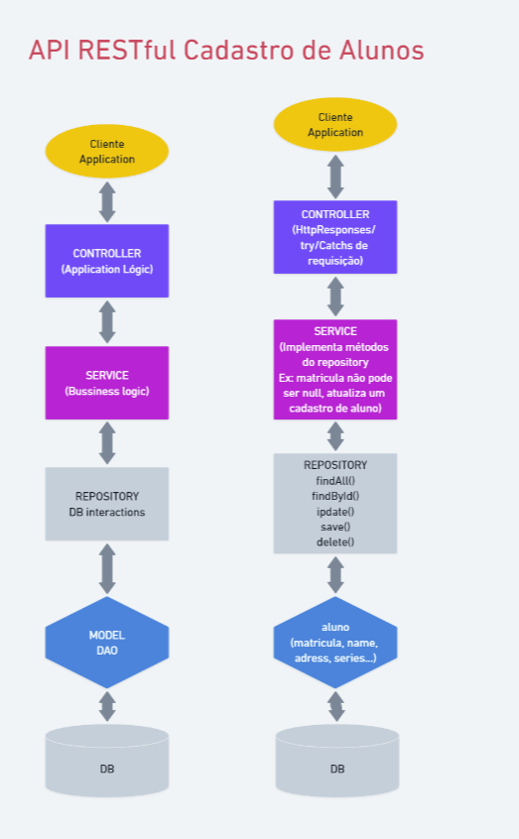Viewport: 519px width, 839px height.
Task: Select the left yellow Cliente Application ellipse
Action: tap(107, 152)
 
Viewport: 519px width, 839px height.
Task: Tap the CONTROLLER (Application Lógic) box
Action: tap(107, 261)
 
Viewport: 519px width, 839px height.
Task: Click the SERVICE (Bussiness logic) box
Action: tap(107, 383)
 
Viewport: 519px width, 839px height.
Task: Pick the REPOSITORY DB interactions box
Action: tap(107, 504)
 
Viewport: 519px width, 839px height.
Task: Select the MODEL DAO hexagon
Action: tap(107, 642)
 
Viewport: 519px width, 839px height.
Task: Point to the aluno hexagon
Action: tap(335, 642)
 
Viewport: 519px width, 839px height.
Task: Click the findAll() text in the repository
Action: tap(335, 480)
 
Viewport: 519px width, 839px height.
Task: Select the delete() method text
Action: tap(335, 541)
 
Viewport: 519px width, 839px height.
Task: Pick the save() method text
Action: tap(335, 527)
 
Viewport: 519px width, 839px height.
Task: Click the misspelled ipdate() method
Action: tap(335, 511)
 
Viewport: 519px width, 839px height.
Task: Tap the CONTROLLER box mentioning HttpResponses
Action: tap(335, 237)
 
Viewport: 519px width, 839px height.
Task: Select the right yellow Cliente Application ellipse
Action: tap(335, 125)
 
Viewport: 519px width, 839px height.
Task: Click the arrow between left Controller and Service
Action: tap(107, 321)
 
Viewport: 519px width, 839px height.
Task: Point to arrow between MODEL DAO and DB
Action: tap(107, 706)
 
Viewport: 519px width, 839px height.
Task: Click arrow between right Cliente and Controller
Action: tap(335, 177)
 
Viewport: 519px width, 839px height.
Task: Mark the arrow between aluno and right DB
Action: tap(335, 706)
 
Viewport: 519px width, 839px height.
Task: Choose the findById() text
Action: tap(335, 496)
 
